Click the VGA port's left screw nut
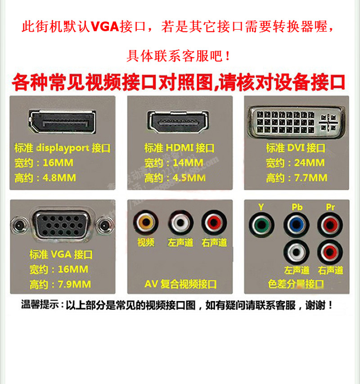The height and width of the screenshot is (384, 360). click(18, 223)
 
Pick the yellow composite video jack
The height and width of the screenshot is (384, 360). click(145, 222)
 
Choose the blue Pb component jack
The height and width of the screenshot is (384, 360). click(296, 224)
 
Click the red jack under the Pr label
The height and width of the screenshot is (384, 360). click(330, 224)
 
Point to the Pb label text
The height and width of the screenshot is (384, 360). click(297, 208)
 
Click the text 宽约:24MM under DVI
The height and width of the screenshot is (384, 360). click(295, 163)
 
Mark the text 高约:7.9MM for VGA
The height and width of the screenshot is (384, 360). click(60, 284)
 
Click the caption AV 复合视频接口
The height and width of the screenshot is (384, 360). click(180, 284)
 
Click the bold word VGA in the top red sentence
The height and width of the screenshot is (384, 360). click(104, 26)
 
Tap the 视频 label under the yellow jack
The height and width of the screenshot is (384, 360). click(146, 243)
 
